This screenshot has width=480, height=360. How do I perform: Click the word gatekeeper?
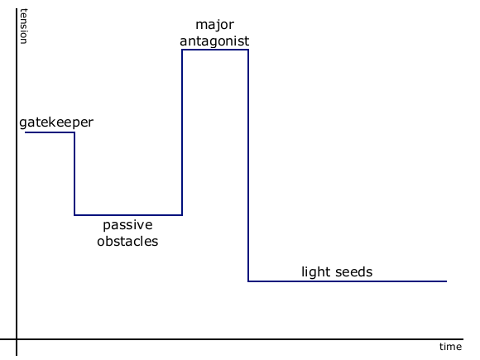(x=56, y=122)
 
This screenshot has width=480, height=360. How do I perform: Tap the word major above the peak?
(x=214, y=25)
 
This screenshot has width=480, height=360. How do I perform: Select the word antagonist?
(x=214, y=41)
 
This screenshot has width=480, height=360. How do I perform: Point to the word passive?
(x=127, y=226)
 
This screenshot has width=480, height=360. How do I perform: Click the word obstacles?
(x=127, y=241)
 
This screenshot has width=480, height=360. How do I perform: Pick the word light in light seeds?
(x=313, y=272)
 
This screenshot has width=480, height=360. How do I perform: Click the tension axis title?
(x=24, y=26)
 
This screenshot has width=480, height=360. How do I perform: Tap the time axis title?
(x=450, y=347)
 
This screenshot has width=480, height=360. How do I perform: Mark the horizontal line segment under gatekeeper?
(x=50, y=132)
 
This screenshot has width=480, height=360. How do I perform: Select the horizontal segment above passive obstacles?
(x=128, y=215)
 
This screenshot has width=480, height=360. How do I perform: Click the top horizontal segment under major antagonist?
(x=215, y=50)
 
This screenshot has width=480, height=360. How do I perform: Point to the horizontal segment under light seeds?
(x=348, y=281)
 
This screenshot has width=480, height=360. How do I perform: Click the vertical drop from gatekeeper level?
(x=74, y=174)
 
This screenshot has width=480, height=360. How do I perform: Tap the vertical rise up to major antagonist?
(x=182, y=132)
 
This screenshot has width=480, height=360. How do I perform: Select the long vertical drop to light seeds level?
(x=248, y=166)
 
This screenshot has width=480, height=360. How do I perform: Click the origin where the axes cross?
(x=17, y=339)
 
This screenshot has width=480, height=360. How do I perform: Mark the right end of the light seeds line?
(x=447, y=281)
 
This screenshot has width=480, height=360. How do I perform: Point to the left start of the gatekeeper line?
(x=25, y=132)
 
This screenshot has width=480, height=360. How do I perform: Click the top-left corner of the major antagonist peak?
(x=182, y=50)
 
